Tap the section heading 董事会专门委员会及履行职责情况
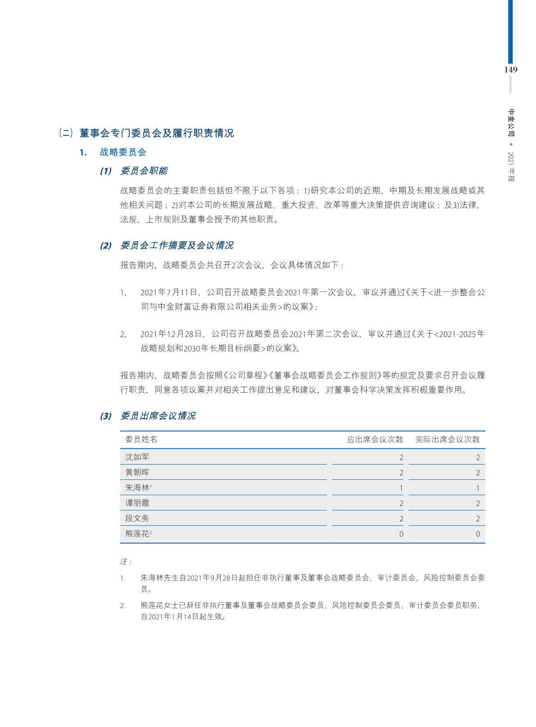tap(156, 133)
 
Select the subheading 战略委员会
tap(123, 152)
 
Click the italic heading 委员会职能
tap(144, 171)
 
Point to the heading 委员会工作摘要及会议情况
tap(177, 246)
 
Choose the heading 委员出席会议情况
tap(158, 416)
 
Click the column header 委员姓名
tap(141, 439)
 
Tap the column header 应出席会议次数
tap(375, 439)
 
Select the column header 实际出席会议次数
tap(447, 439)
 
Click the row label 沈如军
tap(137, 457)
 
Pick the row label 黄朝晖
tap(137, 473)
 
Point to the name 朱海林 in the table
tap(137, 488)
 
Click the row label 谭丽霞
tap(137, 503)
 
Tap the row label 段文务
tap(137, 519)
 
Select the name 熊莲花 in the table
tap(137, 534)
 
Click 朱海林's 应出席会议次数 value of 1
tap(401, 488)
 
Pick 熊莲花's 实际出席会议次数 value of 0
tap(478, 534)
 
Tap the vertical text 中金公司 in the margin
tap(511, 122)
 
